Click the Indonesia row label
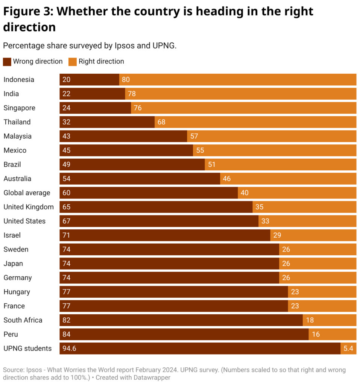[19, 80]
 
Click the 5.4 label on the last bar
[348, 349]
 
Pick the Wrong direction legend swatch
[7, 62]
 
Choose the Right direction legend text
[101, 61]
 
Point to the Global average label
[27, 193]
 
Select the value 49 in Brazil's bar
[67, 165]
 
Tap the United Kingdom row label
[29, 207]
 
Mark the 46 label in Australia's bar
[226, 179]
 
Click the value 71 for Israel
[67, 235]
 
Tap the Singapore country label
[19, 108]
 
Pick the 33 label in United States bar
[265, 221]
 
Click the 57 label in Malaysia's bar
[194, 136]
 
